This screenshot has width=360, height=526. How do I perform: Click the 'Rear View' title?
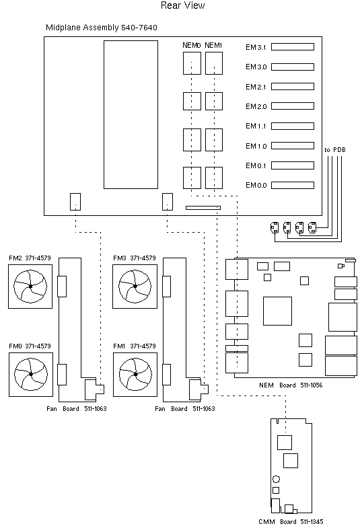[x=183, y=6]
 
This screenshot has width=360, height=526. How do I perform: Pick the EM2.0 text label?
[x=256, y=107]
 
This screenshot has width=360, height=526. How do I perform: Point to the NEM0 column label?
[x=192, y=45]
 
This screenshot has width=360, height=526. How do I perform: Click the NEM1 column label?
[x=213, y=45]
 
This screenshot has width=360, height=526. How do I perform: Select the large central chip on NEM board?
[x=277, y=310]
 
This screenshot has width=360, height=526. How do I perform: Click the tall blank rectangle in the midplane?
[x=131, y=114]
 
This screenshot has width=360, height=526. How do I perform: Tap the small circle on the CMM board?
[x=276, y=480]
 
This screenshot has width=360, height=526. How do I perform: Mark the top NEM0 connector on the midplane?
[x=192, y=63]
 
